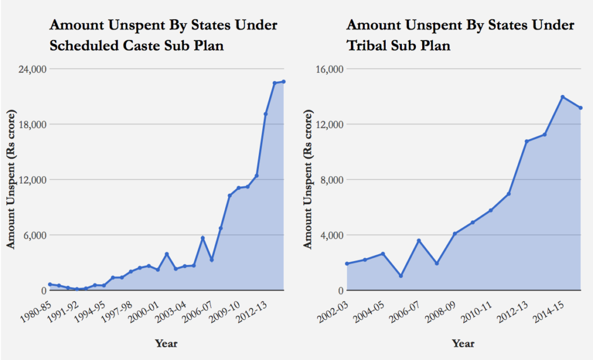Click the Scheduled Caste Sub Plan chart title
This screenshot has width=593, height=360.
click(x=163, y=35)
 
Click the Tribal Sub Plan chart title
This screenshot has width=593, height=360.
click(x=460, y=35)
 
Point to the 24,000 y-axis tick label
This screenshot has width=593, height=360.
click(x=32, y=69)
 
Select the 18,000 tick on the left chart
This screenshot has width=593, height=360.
click(x=32, y=124)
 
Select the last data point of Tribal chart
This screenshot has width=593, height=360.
click(x=580, y=108)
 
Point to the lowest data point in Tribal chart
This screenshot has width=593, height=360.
click(x=401, y=275)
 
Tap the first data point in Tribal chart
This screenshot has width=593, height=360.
click(x=347, y=264)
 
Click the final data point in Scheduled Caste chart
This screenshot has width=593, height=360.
click(x=284, y=82)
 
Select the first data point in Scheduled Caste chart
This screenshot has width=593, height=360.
click(x=50, y=284)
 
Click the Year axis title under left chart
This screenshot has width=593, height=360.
click(x=166, y=343)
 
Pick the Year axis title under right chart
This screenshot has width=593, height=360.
click(x=463, y=343)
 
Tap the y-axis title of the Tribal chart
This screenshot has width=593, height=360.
click(x=308, y=180)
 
